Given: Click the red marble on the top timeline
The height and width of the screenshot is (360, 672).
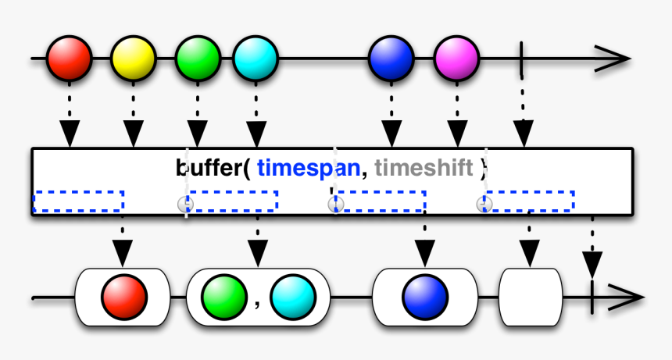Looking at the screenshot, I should click(x=69, y=59).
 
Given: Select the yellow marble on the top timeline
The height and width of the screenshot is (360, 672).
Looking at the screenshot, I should click(x=133, y=59).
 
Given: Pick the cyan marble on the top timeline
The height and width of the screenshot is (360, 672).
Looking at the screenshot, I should click(x=256, y=59).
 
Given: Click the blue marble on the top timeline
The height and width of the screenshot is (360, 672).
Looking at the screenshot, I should click(x=391, y=59).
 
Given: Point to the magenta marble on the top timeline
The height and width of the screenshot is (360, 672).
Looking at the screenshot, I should click(x=456, y=59).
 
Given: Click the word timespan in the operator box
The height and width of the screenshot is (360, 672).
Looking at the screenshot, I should click(x=308, y=168).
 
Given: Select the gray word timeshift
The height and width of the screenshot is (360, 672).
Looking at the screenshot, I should click(x=424, y=168).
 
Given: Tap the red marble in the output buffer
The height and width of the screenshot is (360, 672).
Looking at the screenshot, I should click(x=123, y=297).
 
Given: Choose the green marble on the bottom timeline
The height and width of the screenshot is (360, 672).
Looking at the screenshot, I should click(x=224, y=297).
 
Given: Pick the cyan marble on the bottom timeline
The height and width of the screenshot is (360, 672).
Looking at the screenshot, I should click(x=293, y=297).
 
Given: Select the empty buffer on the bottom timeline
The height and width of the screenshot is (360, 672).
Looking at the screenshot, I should click(x=531, y=297).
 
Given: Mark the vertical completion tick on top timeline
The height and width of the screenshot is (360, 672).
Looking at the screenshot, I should click(x=521, y=59).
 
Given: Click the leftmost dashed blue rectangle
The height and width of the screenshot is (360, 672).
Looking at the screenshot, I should click(x=78, y=201).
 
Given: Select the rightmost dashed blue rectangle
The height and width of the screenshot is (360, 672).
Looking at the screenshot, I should click(x=529, y=201).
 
